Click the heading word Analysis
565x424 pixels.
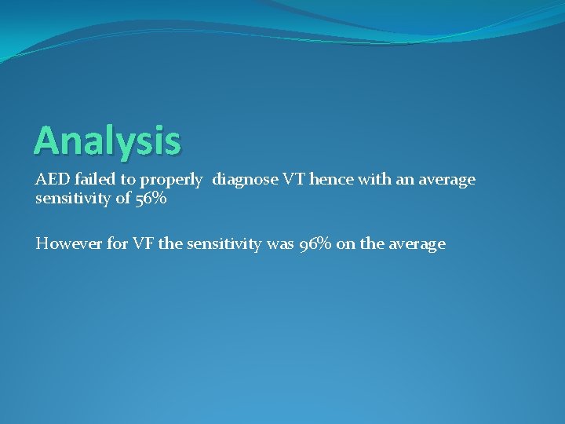click(108, 141)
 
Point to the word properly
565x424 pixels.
click(170, 181)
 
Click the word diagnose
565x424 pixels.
click(246, 181)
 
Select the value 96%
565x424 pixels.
click(318, 243)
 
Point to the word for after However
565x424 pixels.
click(115, 243)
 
